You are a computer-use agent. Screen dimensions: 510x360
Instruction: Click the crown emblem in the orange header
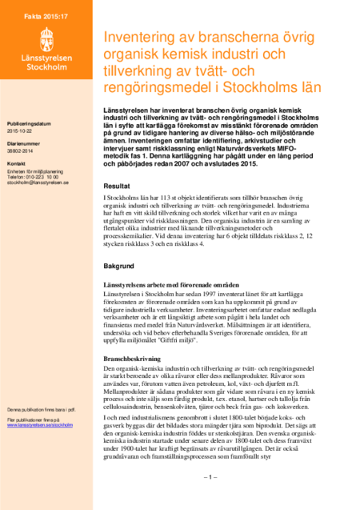(46, 40)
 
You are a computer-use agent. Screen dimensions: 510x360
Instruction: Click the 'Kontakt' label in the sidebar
(17, 163)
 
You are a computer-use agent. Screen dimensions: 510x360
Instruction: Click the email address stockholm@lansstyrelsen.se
(38, 183)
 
